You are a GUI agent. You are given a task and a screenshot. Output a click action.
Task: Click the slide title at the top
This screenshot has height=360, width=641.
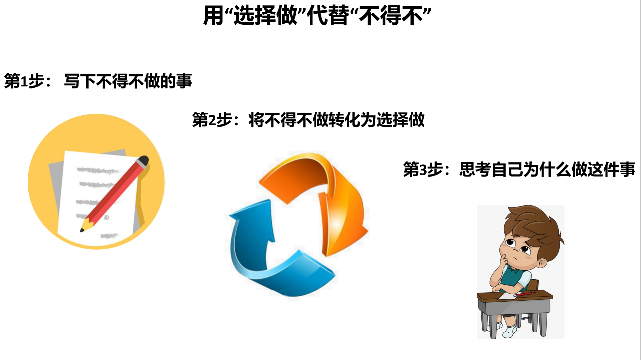tap(317, 15)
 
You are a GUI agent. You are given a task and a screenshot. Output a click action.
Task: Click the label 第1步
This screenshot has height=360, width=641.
tap(24, 81)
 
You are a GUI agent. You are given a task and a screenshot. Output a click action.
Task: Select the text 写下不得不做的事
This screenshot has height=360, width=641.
tap(128, 81)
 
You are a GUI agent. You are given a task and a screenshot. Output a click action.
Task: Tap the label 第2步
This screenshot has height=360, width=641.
tap(212, 120)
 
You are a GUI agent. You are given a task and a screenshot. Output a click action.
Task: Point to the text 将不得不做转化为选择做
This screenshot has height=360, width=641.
tap(337, 120)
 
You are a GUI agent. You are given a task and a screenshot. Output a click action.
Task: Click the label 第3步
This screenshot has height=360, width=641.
tap(423, 169)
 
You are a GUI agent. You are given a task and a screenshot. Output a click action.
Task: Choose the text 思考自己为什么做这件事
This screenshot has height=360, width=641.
tap(547, 169)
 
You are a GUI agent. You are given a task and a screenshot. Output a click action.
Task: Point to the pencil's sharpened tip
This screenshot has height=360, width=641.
tap(82, 230)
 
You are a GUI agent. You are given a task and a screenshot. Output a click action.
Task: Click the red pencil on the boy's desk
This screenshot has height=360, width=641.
tap(524, 294)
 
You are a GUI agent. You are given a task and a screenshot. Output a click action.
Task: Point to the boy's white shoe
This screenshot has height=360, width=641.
tap(510, 331)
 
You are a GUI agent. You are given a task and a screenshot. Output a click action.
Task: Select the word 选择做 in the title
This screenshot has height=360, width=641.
tap(265, 15)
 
